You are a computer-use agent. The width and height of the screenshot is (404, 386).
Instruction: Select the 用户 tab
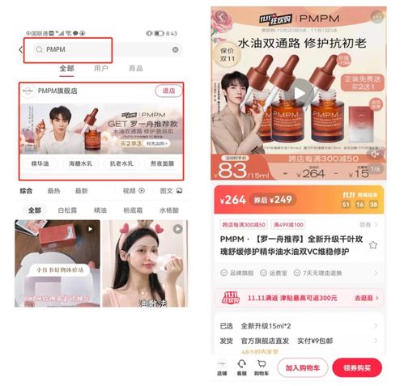pyautogui.click(x=101, y=69)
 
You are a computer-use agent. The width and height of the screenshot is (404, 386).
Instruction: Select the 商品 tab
pyautogui.click(x=136, y=69)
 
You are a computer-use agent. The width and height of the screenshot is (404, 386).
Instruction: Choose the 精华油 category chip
pyautogui.click(x=41, y=164)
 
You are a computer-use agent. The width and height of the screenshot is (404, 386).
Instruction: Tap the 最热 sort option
pyautogui.click(x=54, y=191)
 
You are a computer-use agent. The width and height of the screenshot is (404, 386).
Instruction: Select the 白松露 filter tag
pyautogui.click(x=67, y=210)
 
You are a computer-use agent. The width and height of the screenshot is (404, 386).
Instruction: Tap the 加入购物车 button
pyautogui.click(x=302, y=367)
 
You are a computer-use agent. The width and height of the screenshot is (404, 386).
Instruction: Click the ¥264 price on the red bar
pyautogui.click(x=235, y=200)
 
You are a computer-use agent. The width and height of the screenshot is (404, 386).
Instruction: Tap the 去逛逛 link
pyautogui.click(x=365, y=298)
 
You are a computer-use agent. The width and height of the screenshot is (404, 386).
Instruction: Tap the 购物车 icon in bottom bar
pyautogui.click(x=261, y=367)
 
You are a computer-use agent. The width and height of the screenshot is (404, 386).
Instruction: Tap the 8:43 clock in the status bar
pyautogui.click(x=171, y=33)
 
